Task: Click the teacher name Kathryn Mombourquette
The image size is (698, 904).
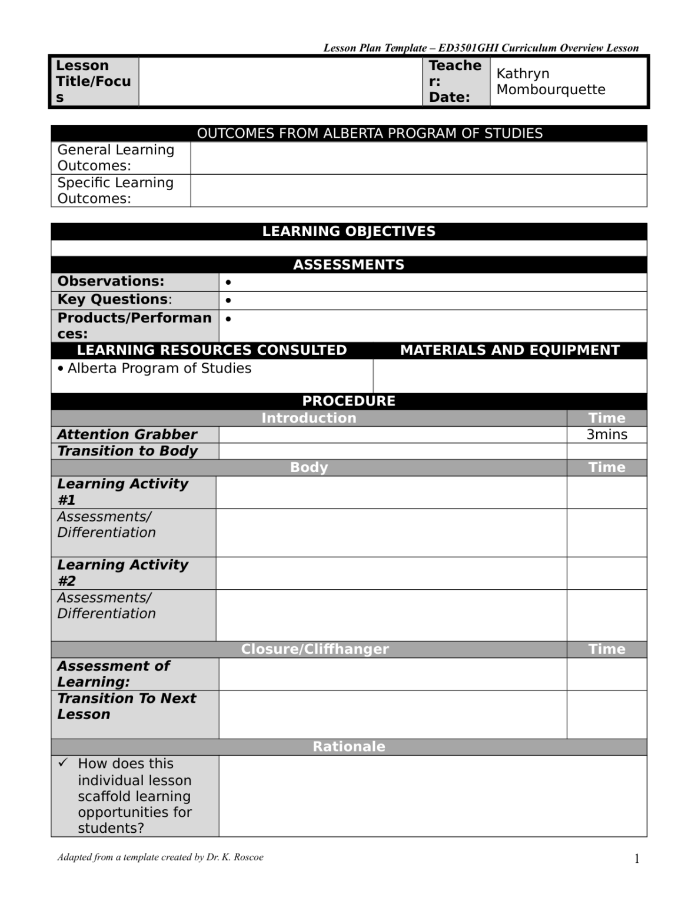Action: (x=550, y=81)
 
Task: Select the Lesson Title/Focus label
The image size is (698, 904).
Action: (x=93, y=81)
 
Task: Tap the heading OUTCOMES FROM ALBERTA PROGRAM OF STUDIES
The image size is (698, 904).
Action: (x=370, y=134)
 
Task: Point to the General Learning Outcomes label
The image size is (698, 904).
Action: (x=115, y=158)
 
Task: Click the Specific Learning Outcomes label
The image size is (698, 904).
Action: (x=115, y=191)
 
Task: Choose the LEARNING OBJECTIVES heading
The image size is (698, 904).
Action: (x=348, y=231)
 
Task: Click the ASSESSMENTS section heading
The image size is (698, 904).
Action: (x=348, y=265)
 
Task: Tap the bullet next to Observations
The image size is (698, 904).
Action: (x=228, y=282)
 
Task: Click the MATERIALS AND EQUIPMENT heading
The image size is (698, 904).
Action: (x=510, y=350)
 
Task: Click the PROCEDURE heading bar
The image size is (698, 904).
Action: (x=348, y=401)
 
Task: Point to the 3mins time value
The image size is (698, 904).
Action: (x=606, y=435)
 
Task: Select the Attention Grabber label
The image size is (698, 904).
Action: (x=127, y=435)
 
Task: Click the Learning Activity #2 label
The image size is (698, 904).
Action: (x=122, y=573)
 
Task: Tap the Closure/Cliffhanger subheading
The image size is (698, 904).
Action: (x=315, y=649)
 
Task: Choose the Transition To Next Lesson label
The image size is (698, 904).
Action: (x=127, y=706)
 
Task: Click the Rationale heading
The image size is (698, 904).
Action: (x=348, y=747)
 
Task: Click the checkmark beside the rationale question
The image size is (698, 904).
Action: (x=63, y=763)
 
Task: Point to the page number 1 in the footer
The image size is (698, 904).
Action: (x=636, y=859)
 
